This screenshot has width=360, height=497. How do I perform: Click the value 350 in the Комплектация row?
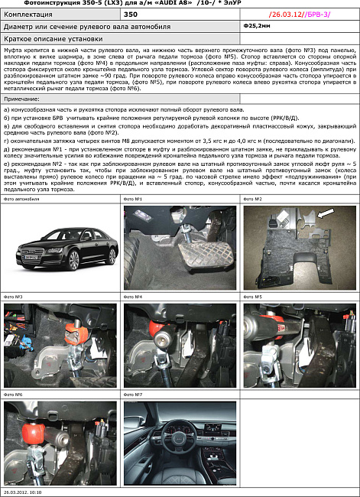click(131, 15)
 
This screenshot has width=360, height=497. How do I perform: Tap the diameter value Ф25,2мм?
click(255, 24)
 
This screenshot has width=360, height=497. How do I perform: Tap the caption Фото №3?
click(13, 297)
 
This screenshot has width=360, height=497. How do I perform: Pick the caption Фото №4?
click(133, 297)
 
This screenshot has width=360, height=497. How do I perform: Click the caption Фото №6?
click(13, 395)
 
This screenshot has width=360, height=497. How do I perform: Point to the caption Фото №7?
click(133, 395)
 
